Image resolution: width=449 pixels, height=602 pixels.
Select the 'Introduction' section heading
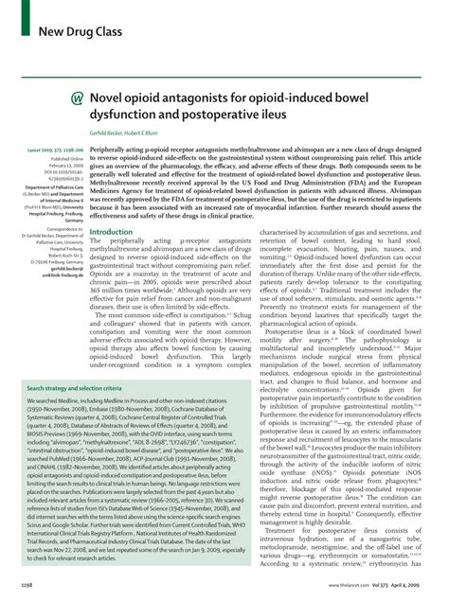[x=110, y=231]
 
